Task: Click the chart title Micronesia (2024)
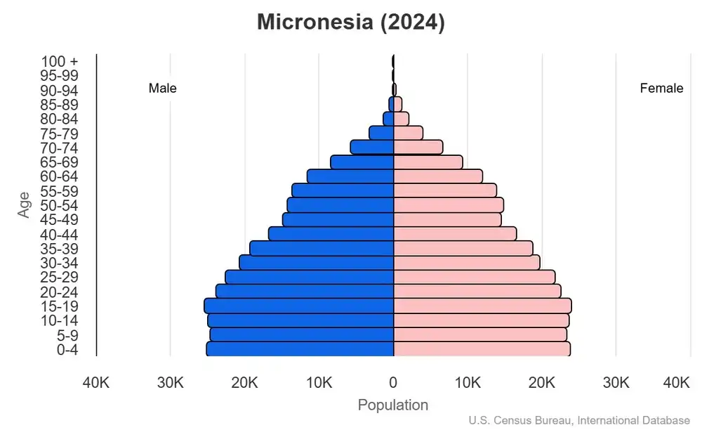click(x=350, y=22)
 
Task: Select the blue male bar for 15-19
click(x=298, y=306)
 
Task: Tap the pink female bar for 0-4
click(x=482, y=348)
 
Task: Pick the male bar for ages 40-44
click(x=331, y=233)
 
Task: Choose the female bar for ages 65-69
click(x=428, y=162)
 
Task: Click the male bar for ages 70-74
click(x=372, y=147)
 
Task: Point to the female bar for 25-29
click(x=474, y=277)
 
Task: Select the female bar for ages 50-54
click(x=449, y=204)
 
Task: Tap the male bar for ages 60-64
click(x=350, y=176)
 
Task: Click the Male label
click(x=162, y=89)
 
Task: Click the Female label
click(x=661, y=89)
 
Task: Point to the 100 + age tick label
click(x=59, y=61)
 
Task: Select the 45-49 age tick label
click(x=59, y=219)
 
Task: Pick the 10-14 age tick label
click(x=59, y=320)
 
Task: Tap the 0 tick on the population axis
click(x=393, y=383)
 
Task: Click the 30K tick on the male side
click(x=170, y=383)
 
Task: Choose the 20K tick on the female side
click(x=542, y=383)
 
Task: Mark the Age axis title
click(x=25, y=204)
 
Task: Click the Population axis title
click(x=393, y=405)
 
